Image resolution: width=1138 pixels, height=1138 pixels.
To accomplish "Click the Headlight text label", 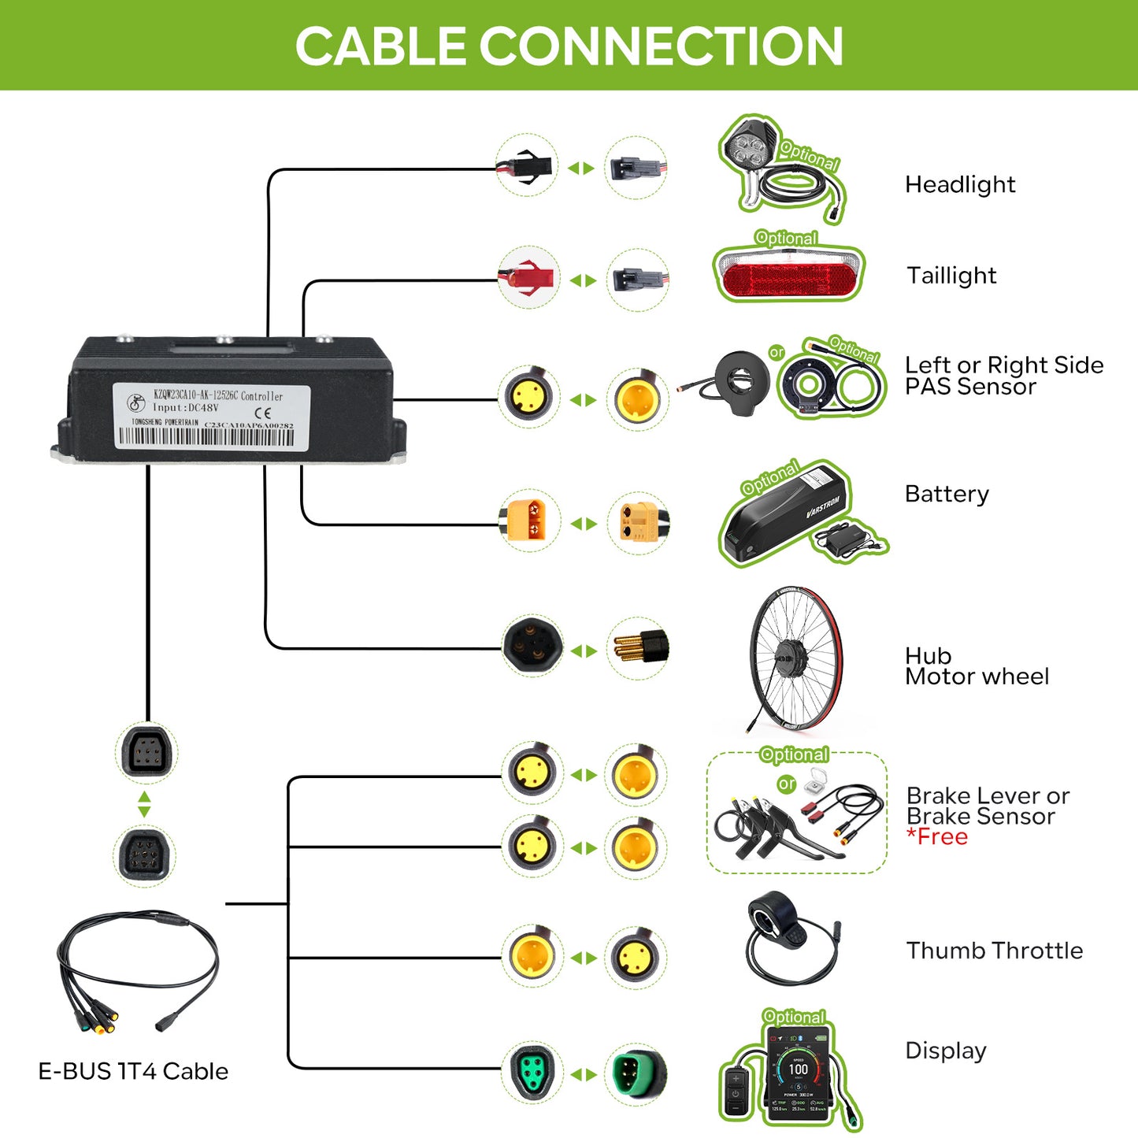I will point(959,184).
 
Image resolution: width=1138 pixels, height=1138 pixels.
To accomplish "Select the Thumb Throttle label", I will point(994,951).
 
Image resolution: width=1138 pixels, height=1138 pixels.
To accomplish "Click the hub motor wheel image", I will point(795,657).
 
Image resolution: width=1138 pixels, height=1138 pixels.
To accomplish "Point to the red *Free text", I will point(937,837).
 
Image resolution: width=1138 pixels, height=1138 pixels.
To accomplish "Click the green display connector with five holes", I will point(532,1073).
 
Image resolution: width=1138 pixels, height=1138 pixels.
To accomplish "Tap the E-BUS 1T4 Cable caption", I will point(133,1071).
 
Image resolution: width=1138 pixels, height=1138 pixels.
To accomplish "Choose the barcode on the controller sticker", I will point(206,438).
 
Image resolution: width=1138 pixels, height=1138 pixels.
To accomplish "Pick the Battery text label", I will point(947,494).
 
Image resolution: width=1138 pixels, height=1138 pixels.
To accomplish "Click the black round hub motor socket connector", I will point(532,646).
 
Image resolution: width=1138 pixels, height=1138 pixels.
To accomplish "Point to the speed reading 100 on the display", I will point(798,1069).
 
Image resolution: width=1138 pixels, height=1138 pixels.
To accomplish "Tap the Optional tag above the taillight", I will point(786,238).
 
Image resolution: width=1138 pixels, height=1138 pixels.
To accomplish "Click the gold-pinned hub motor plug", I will point(639,647).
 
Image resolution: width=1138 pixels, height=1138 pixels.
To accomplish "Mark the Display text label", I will point(946,1051).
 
